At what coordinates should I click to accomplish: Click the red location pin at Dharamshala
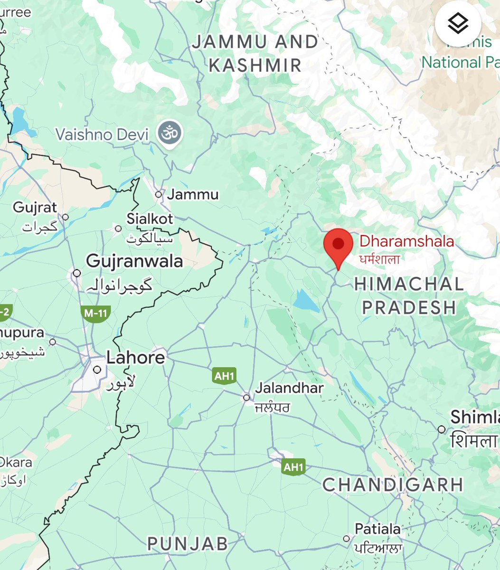(x=338, y=245)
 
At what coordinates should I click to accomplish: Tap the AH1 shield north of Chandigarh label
(x=292, y=467)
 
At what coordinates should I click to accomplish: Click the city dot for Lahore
(x=97, y=370)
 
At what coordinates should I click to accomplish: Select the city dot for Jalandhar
(x=246, y=398)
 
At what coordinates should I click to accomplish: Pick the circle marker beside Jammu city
(x=159, y=194)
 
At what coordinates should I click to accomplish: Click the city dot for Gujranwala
(x=76, y=273)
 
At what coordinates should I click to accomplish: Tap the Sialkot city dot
(x=118, y=228)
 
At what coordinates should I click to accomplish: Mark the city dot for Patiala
(x=347, y=539)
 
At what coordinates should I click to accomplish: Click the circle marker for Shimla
(x=442, y=429)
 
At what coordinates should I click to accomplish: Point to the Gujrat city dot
(x=66, y=217)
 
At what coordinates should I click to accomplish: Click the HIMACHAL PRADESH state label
(x=408, y=296)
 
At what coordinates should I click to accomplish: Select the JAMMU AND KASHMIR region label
(x=255, y=54)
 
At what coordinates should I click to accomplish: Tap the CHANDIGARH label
(x=393, y=485)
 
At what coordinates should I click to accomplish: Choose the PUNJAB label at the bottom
(x=188, y=543)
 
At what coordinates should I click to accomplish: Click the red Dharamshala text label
(x=406, y=241)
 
